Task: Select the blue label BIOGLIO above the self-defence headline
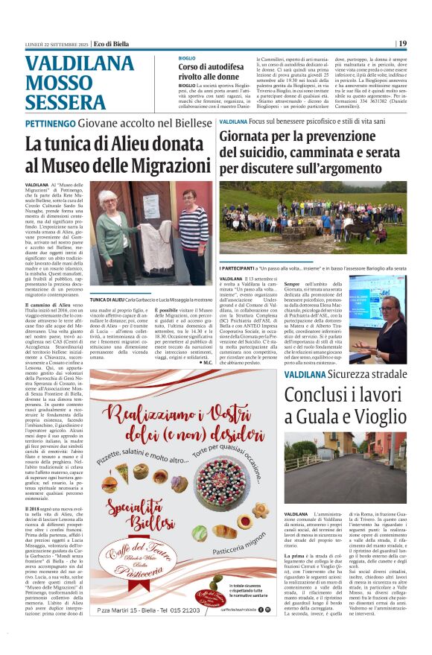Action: point(187,57)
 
